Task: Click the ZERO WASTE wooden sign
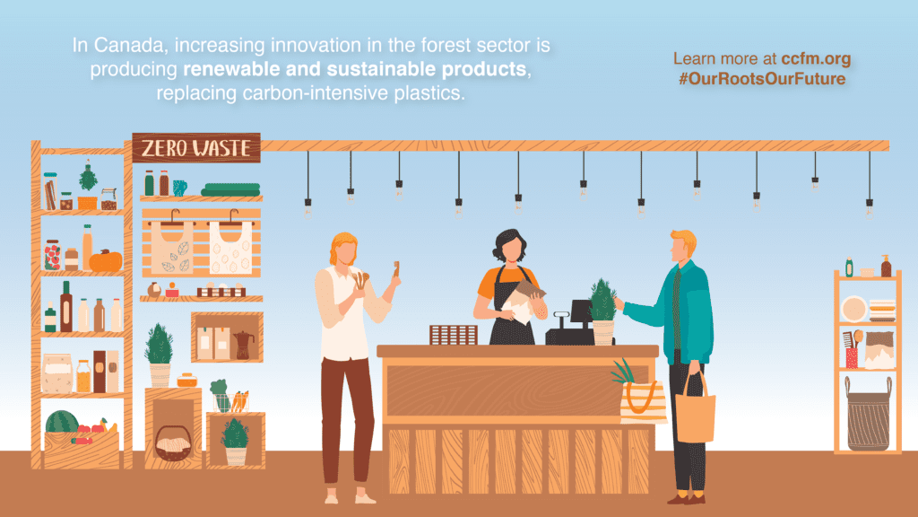pos(196,148)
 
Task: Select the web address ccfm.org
pos(816,59)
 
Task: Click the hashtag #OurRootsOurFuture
pos(762,79)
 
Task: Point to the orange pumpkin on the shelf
pos(106,260)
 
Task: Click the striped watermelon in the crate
pos(62,422)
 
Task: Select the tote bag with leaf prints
pos(172,247)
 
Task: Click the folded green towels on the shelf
pos(230,189)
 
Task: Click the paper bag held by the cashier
pos(523,300)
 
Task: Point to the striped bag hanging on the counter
pos(643,401)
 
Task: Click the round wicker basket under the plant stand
pos(173,443)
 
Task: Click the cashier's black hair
pos(508,242)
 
